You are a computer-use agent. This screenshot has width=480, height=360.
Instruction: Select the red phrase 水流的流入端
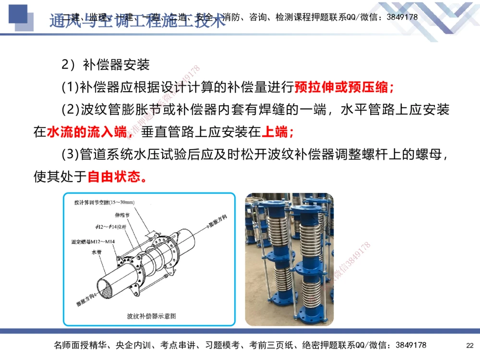coord(86,132)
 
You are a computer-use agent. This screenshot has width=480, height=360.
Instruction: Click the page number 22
coord(470,345)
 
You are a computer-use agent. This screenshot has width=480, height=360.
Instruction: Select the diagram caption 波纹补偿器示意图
coord(151,316)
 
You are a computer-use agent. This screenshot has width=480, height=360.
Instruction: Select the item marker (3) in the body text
coord(70,155)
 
